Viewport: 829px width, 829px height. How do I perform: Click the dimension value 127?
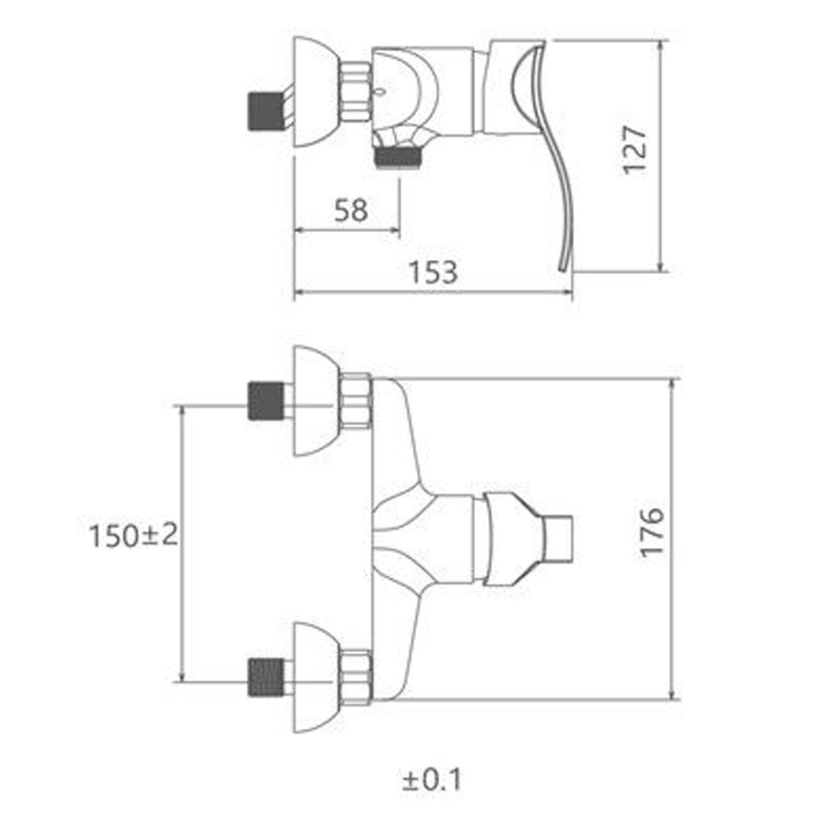[x=635, y=150]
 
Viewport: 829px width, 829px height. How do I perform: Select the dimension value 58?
[x=351, y=211]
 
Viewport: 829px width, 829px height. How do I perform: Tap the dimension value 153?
[x=432, y=272]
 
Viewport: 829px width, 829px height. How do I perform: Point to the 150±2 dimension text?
[x=133, y=536]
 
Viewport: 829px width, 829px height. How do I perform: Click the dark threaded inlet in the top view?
[x=266, y=111]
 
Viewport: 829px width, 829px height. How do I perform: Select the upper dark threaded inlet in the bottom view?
[x=266, y=401]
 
